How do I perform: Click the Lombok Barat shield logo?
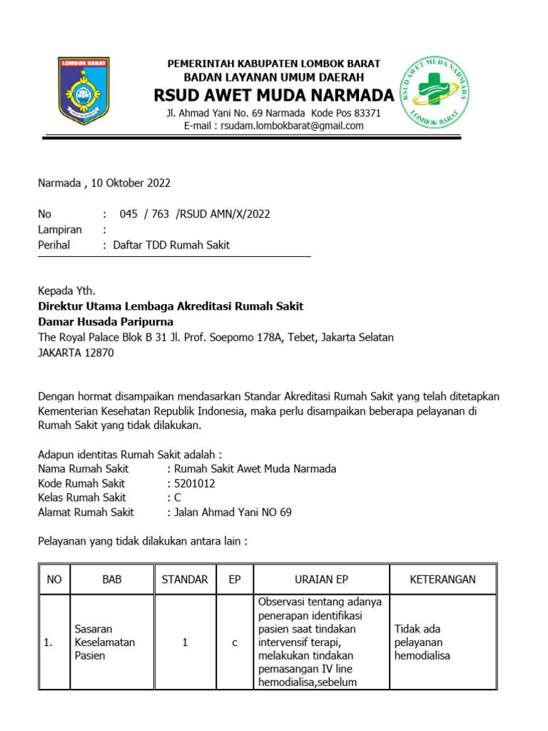click(83, 91)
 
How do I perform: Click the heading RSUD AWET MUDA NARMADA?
click(274, 96)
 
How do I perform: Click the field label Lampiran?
click(59, 229)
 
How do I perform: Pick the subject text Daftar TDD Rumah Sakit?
click(172, 245)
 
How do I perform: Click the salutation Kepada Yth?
click(66, 291)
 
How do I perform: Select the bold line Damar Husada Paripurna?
click(105, 321)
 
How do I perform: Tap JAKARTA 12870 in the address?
click(75, 353)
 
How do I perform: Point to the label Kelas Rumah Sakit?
click(82, 498)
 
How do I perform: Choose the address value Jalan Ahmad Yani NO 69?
click(229, 512)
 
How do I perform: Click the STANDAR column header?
click(185, 579)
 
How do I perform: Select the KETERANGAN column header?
click(442, 579)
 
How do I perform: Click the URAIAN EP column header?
click(321, 579)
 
